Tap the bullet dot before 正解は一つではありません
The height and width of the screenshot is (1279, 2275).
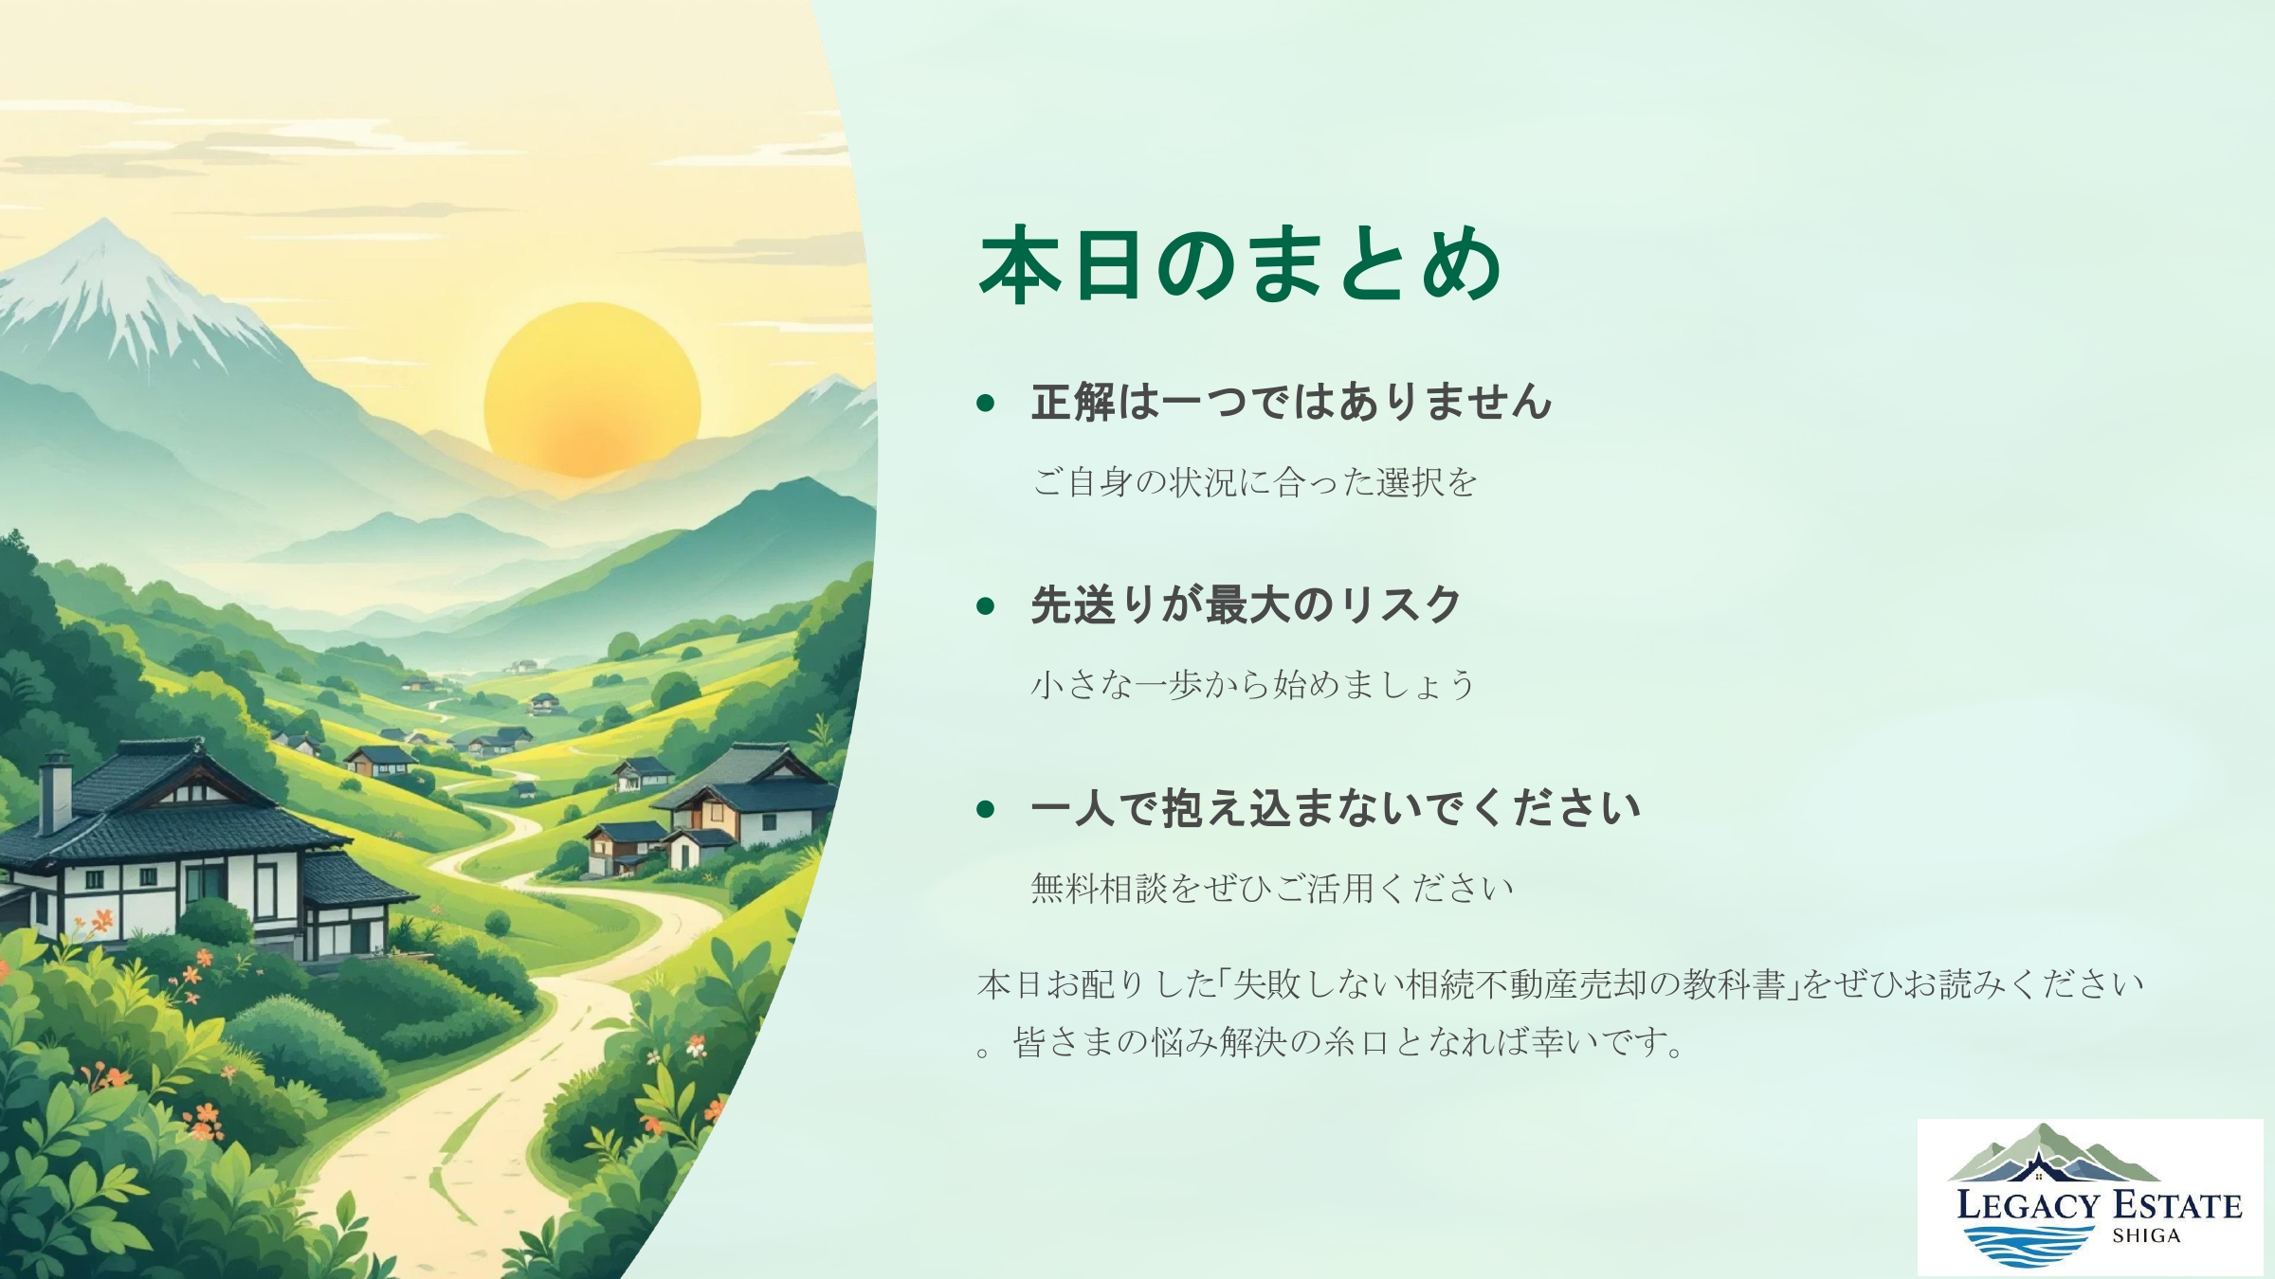click(986, 404)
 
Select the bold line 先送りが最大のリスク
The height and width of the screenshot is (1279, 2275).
click(1246, 604)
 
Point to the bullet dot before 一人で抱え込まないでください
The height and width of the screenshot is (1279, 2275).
click(986, 809)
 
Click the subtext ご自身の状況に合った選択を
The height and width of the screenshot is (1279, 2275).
click(1254, 482)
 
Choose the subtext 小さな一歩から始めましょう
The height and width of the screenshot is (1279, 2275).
click(1252, 684)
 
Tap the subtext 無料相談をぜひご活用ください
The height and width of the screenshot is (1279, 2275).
click(1271, 888)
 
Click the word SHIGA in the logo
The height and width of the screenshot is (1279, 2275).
click(2146, 1235)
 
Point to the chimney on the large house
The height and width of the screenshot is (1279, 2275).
click(56, 791)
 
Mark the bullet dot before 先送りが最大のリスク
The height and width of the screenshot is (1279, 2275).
click(986, 606)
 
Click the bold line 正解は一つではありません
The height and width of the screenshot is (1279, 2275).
click(1291, 402)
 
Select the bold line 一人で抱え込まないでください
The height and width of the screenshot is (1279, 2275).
click(1335, 808)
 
